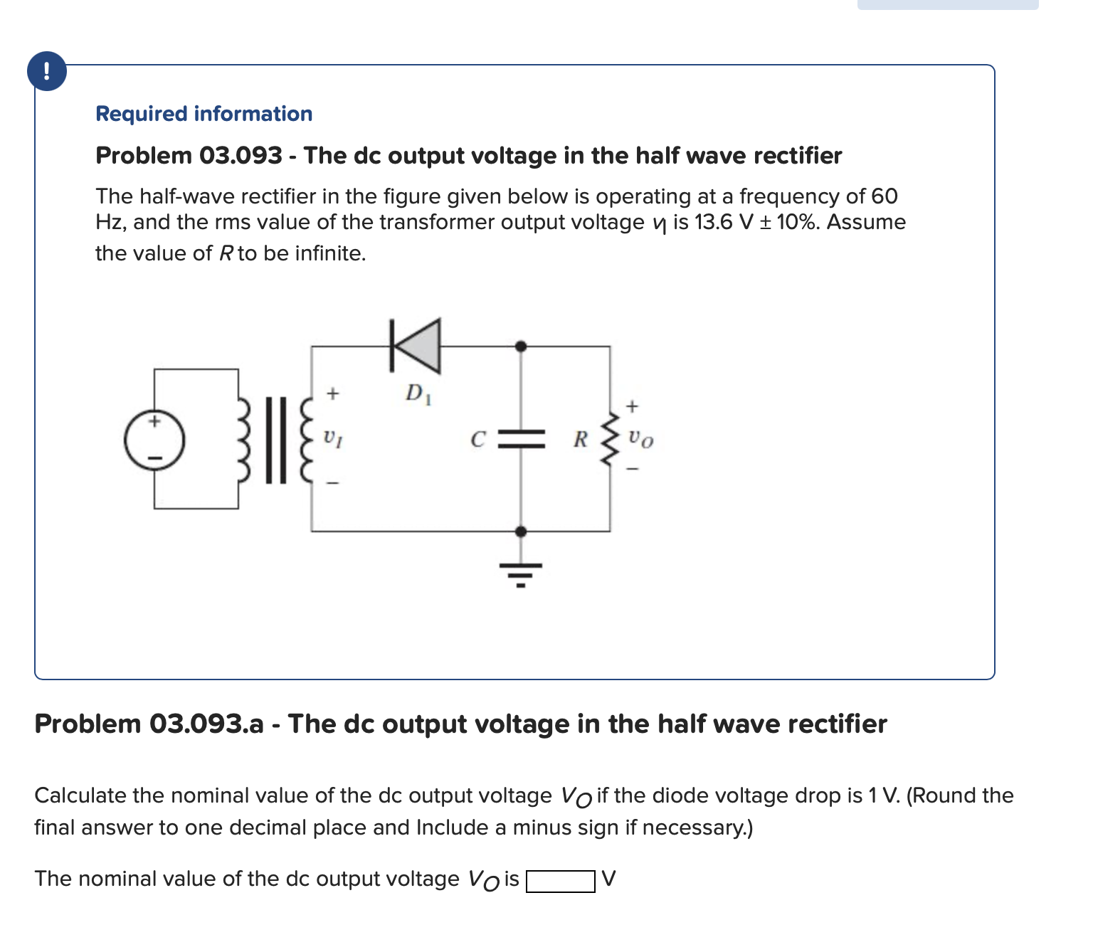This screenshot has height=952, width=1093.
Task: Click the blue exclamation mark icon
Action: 46,71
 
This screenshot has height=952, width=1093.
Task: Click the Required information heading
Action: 204,114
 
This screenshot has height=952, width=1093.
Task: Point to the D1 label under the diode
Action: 417,393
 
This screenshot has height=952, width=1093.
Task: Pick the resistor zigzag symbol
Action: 610,439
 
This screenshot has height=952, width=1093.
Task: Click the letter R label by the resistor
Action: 581,440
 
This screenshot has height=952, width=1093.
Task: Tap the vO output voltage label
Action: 641,440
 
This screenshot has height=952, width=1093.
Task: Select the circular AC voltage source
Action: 154,439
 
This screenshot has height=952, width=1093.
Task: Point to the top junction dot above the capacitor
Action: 521,346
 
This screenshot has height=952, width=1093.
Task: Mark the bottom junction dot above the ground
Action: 521,531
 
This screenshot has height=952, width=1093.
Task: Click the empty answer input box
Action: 560,882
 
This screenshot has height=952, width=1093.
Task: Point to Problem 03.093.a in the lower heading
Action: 149,724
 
